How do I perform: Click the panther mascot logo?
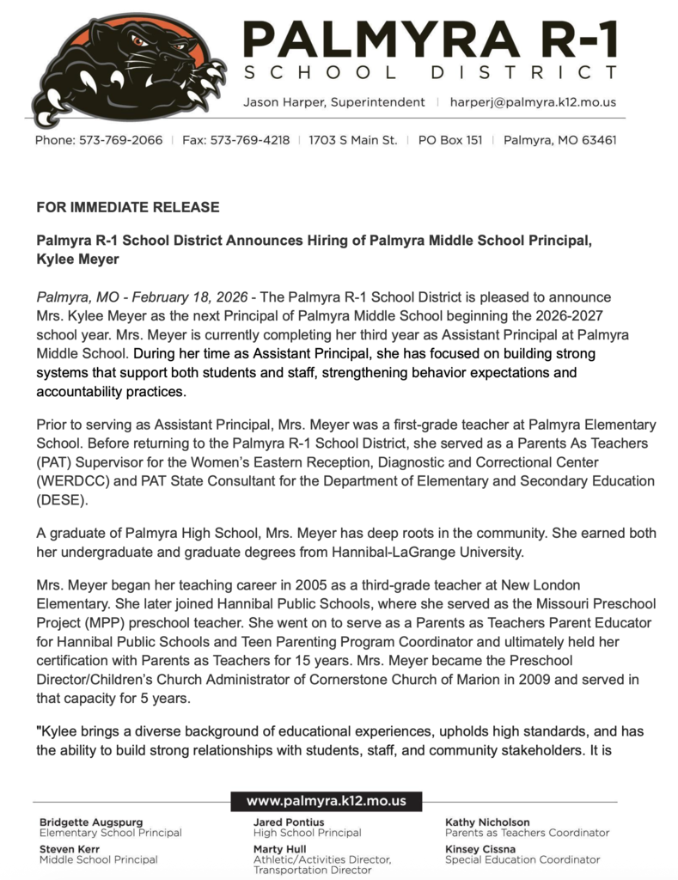coord(129,69)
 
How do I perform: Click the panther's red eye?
coord(138,40)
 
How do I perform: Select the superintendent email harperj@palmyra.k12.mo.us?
coord(533,101)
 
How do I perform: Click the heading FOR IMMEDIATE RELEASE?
coord(128,207)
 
